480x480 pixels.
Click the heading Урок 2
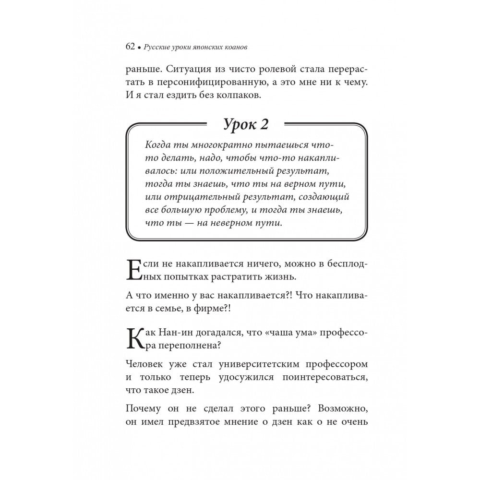[x=246, y=125]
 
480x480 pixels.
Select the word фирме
[x=211, y=310]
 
